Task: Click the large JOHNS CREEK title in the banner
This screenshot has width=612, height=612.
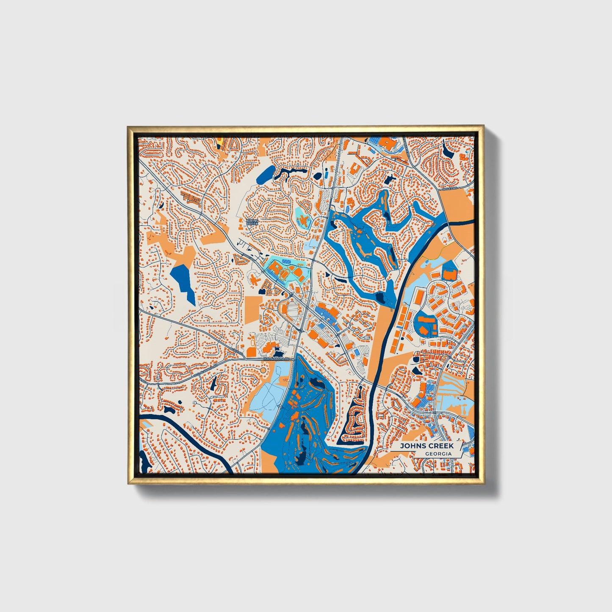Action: pos(426,446)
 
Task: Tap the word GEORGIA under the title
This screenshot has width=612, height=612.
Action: pos(438,454)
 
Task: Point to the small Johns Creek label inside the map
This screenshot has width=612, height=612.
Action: pos(252,222)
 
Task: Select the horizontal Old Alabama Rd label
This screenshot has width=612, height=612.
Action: pos(278,359)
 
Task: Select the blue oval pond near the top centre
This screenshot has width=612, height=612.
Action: pos(266,174)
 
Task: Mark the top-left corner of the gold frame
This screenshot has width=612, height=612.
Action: pos(128,127)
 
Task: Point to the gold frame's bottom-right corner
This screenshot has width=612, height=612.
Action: pos(483,483)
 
